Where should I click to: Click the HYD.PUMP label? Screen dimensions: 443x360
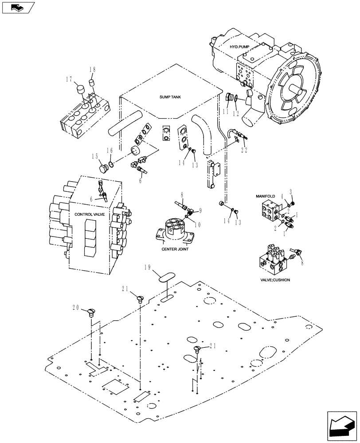click(x=239, y=47)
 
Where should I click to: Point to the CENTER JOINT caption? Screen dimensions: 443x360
click(x=175, y=249)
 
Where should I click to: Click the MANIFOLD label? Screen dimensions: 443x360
click(x=265, y=195)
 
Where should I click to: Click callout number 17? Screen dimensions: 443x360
click(x=69, y=79)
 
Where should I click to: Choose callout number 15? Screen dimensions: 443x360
click(x=95, y=156)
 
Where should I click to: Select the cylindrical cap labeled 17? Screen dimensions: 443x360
click(x=80, y=90)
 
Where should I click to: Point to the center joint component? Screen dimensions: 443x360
click(x=175, y=230)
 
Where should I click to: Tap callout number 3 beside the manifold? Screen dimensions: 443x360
click(x=291, y=192)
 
